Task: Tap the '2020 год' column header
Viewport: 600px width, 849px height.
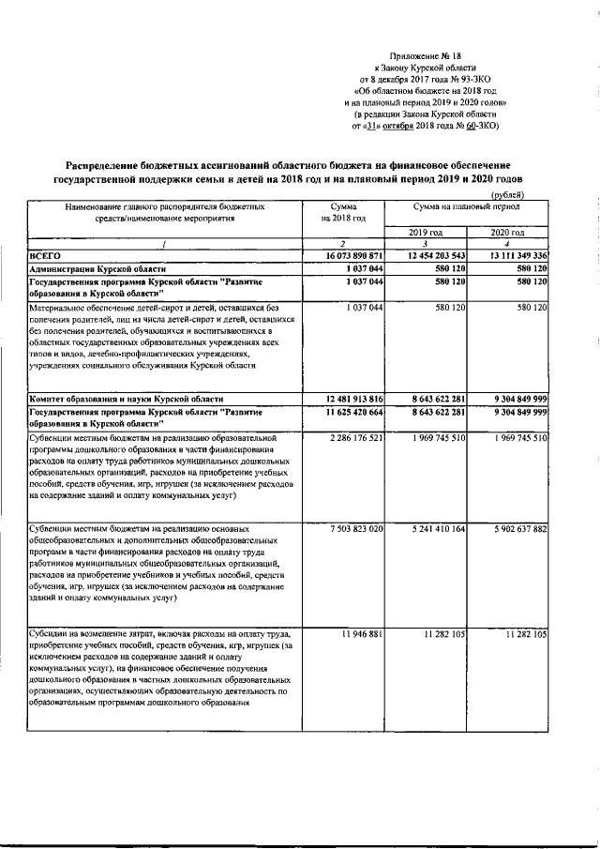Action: tap(508, 232)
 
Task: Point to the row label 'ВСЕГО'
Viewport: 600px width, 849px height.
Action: tap(45, 255)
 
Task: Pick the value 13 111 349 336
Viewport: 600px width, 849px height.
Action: tap(510, 255)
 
